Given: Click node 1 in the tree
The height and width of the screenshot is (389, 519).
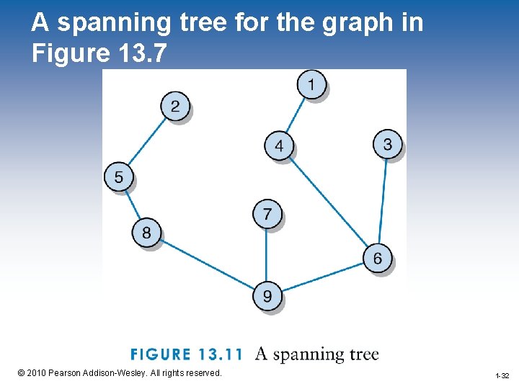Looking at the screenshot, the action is [x=311, y=85].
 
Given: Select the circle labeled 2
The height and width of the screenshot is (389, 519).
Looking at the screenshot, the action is [x=175, y=107].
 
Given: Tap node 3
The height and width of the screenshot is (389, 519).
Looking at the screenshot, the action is [x=387, y=145].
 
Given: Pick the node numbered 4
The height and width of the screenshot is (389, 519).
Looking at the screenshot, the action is [x=279, y=147].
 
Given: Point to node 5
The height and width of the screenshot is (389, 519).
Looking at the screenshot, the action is [x=119, y=176].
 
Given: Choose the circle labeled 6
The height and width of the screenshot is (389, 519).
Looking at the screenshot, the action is [x=378, y=258].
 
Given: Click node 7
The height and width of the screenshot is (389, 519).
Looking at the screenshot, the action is [x=267, y=214].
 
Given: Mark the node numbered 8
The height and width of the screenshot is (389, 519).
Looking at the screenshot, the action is [x=146, y=233].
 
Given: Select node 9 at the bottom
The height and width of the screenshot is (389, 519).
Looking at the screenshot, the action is [x=267, y=296].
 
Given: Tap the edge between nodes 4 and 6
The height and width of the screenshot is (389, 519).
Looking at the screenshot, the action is [x=328, y=202].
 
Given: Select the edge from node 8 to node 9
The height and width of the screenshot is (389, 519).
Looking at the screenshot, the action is [x=207, y=264].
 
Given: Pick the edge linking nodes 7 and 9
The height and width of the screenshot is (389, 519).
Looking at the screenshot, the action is [x=267, y=255].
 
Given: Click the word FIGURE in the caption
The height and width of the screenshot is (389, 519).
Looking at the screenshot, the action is [x=159, y=355].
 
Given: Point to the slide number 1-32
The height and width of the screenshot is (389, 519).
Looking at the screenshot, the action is [x=502, y=376].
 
